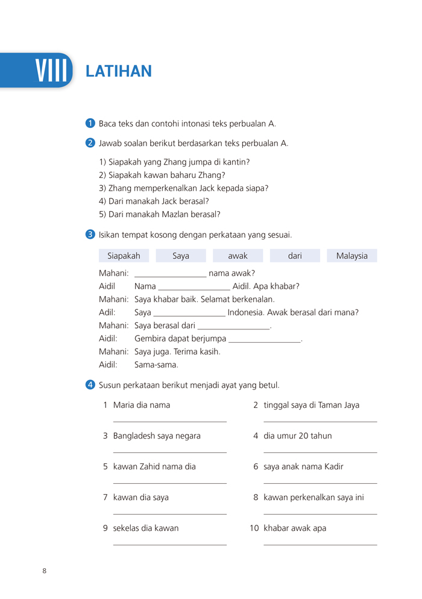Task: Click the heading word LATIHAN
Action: coord(119,71)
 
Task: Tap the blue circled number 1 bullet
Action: coord(90,123)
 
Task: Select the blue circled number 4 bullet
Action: coord(90,384)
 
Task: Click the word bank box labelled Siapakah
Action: coord(124,256)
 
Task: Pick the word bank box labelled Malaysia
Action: coord(352,256)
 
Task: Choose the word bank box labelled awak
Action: coord(238,256)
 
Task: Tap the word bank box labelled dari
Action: coord(295,256)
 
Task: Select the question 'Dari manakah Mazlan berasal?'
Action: coord(160,214)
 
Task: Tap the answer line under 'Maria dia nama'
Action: coord(169,422)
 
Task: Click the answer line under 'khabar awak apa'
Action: coord(320,545)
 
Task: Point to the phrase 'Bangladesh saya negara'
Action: coord(157,436)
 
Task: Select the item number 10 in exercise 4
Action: coord(254,528)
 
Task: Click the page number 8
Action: coord(44,571)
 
